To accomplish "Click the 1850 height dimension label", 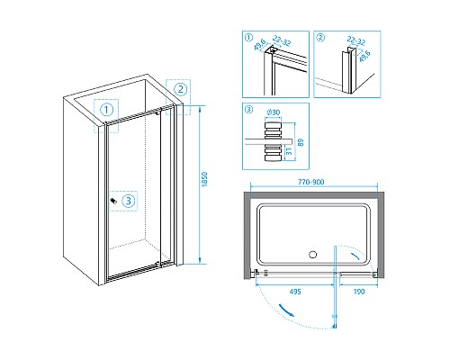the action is pyautogui.click(x=204, y=179).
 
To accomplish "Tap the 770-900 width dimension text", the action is pyautogui.click(x=311, y=182).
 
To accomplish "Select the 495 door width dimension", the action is pyautogui.click(x=295, y=292).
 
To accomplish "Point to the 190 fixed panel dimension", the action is pyautogui.click(x=359, y=292).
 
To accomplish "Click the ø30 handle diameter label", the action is pyautogui.click(x=273, y=112).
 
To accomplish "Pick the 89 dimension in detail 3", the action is pyautogui.click(x=301, y=142).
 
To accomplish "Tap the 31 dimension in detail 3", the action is pyautogui.click(x=289, y=151).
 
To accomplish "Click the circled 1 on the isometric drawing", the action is pyautogui.click(x=106, y=110).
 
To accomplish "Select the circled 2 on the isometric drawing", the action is pyautogui.click(x=180, y=89).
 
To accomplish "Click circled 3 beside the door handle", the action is pyautogui.click(x=129, y=201).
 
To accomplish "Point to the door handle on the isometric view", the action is pyautogui.click(x=113, y=201).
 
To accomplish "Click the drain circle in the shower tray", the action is pyautogui.click(x=312, y=255).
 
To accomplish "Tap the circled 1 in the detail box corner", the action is pyautogui.click(x=248, y=38).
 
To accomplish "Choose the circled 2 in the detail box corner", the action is pyautogui.click(x=320, y=38).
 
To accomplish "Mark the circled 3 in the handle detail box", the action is pyautogui.click(x=248, y=110).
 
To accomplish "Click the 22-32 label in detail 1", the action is pyautogui.click(x=282, y=40).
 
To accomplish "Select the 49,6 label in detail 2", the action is pyautogui.click(x=364, y=56).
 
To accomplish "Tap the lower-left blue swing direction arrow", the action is pyautogui.click(x=286, y=310).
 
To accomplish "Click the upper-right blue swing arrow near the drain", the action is pyautogui.click(x=355, y=256).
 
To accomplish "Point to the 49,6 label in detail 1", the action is pyautogui.click(x=260, y=44).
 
